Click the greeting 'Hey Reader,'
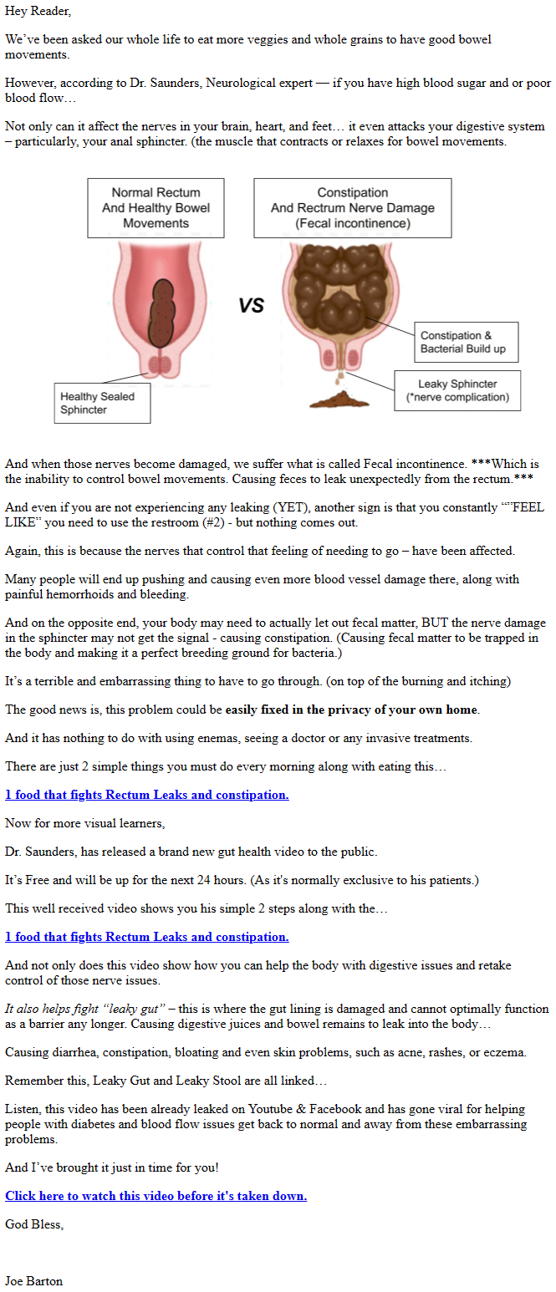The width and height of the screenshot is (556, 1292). [x=38, y=12]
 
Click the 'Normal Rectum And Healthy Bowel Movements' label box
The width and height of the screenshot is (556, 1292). [x=156, y=207]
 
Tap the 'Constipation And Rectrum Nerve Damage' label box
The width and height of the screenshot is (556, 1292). [x=352, y=207]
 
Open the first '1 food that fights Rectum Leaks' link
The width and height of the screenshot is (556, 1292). [x=146, y=795]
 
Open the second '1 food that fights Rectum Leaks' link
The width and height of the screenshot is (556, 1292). [x=146, y=937]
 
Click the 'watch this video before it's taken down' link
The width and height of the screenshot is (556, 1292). [x=156, y=1196]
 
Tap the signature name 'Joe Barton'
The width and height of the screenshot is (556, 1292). [x=33, y=1281]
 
